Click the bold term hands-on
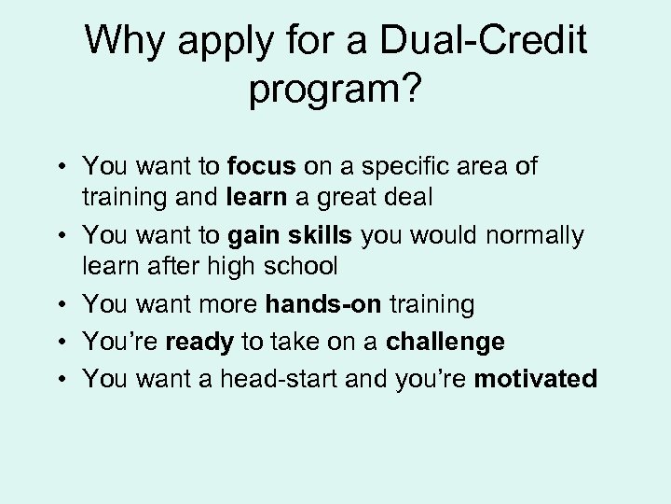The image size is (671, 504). (x=324, y=304)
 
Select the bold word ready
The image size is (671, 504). (x=199, y=343)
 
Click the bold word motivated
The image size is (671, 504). (x=536, y=379)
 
